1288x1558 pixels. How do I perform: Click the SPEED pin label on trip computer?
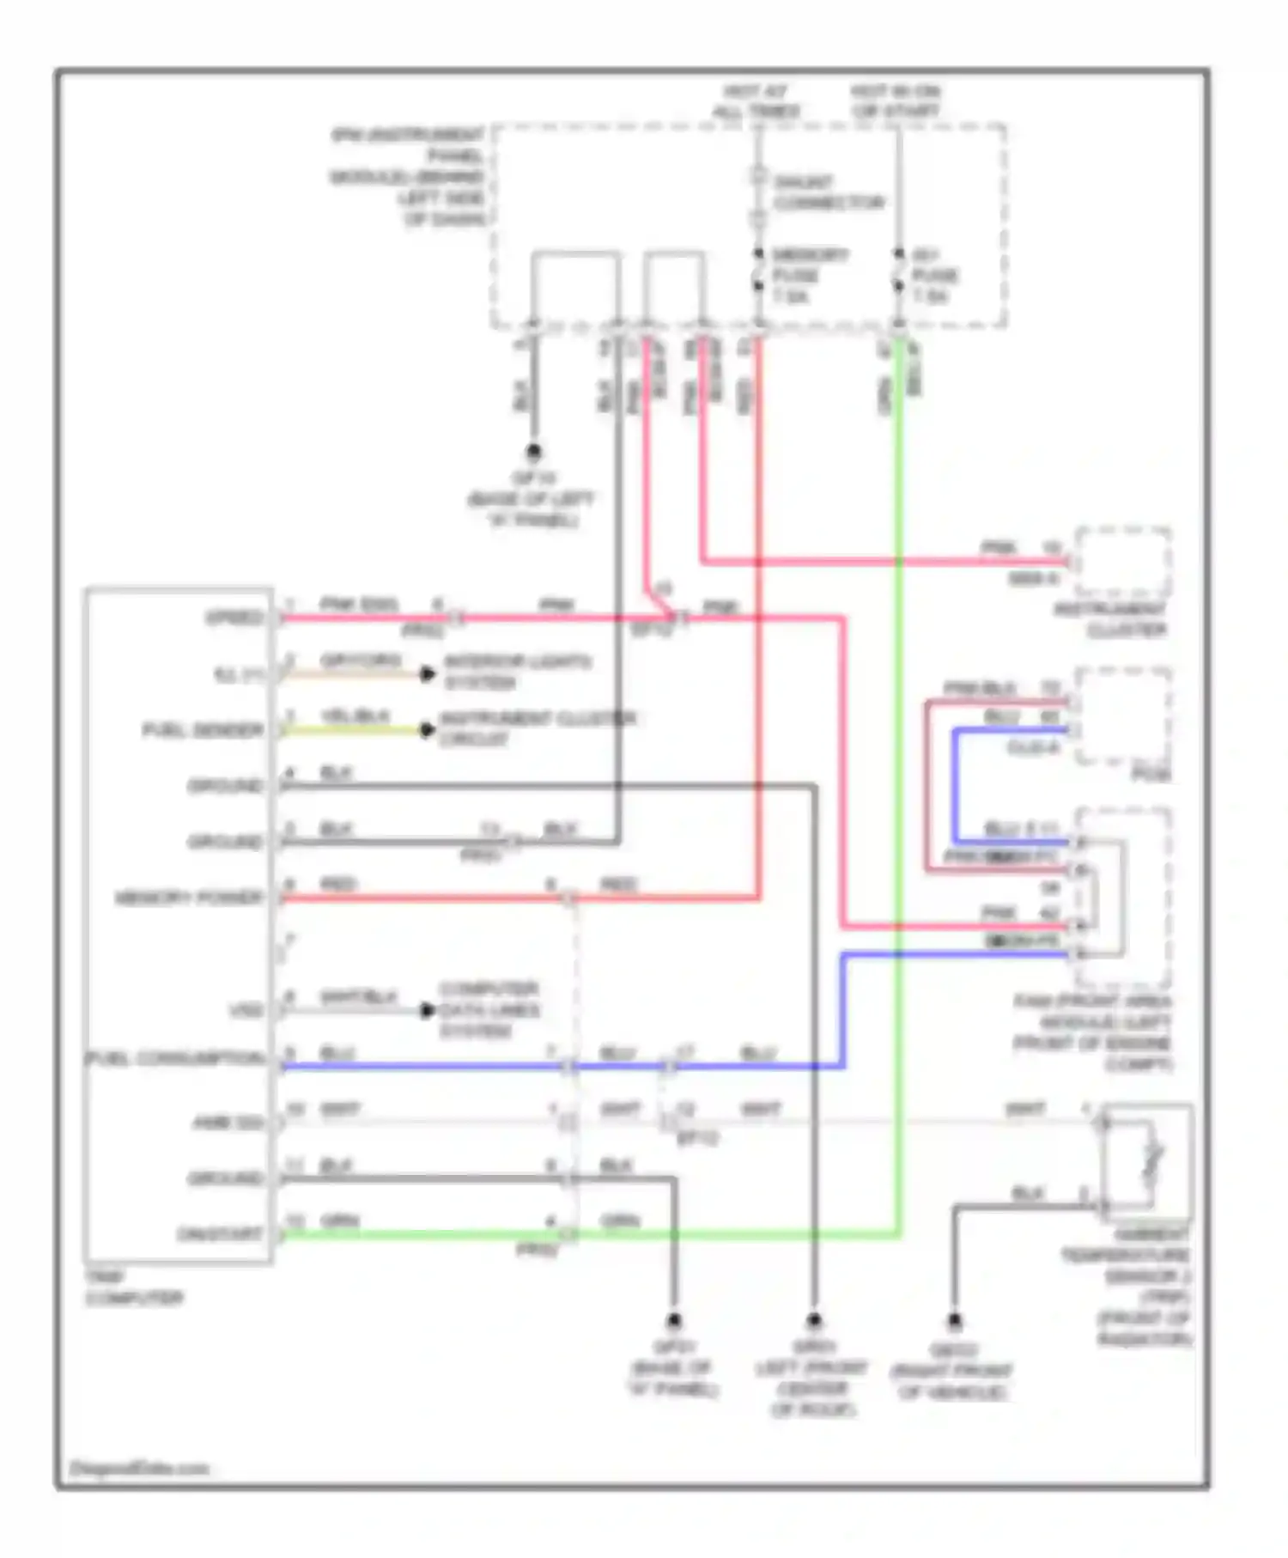pyautogui.click(x=234, y=618)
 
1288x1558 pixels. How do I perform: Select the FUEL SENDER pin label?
pyautogui.click(x=203, y=730)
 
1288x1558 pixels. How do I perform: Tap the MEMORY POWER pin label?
pyautogui.click(x=189, y=898)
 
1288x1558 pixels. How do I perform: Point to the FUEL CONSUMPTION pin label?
pyautogui.click(x=175, y=1058)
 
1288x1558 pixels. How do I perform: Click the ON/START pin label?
pyautogui.click(x=219, y=1234)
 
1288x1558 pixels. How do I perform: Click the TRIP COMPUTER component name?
pyautogui.click(x=133, y=1287)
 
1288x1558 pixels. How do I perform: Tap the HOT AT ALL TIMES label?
pyautogui.click(x=756, y=101)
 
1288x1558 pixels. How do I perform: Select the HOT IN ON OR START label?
pyautogui.click(x=896, y=101)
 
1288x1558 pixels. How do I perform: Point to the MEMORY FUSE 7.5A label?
pyautogui.click(x=809, y=275)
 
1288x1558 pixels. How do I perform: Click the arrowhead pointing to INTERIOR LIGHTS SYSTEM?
pyautogui.click(x=428, y=674)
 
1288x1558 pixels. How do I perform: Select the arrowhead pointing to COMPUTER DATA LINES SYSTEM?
pyautogui.click(x=428, y=1011)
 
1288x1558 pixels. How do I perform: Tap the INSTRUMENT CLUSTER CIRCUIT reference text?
pyautogui.click(x=538, y=728)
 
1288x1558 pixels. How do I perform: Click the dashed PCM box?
pyautogui.click(x=1123, y=715)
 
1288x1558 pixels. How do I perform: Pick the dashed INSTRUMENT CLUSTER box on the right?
pyautogui.click(x=1123, y=563)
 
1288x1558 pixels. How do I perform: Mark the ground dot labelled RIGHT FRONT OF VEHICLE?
pyautogui.click(x=954, y=1321)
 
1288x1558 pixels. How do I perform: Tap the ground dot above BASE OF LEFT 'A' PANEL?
pyautogui.click(x=533, y=451)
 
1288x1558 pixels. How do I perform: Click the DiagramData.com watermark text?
pyautogui.click(x=139, y=1469)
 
